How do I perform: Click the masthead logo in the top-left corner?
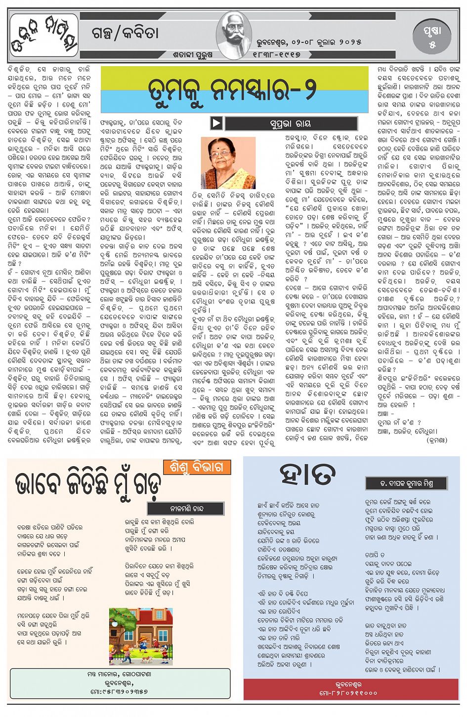pos(43,35)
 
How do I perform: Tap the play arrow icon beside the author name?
pos(216,123)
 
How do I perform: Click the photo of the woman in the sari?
pos(228,163)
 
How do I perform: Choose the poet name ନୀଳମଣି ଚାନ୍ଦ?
pos(185,508)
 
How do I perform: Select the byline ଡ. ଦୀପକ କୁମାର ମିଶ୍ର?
pos(406,483)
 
